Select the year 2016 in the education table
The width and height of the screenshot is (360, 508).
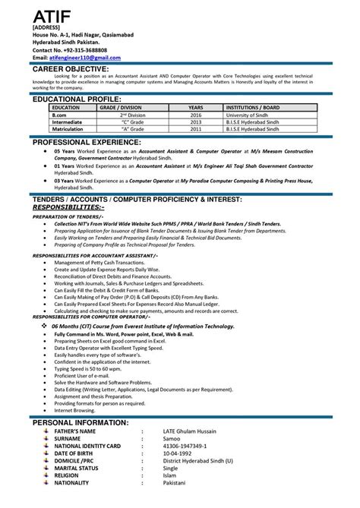[196, 115]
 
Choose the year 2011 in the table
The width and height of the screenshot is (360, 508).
[196, 129]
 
